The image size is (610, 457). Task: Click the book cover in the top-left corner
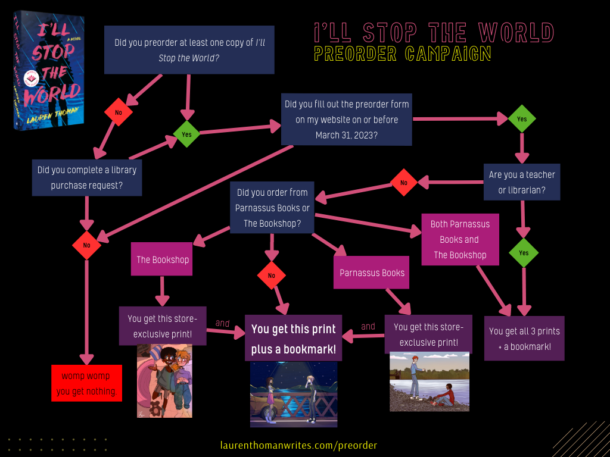(49, 70)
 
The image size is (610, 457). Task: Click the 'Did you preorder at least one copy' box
(189, 50)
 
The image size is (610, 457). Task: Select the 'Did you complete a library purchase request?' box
(86, 178)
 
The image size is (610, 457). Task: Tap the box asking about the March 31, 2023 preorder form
(347, 120)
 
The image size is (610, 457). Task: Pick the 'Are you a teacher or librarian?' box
(522, 183)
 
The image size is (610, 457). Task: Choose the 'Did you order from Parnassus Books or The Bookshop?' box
(272, 208)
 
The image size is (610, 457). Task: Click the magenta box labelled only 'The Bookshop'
(162, 259)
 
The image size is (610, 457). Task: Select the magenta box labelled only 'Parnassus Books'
(372, 273)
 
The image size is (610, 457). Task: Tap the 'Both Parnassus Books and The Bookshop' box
(460, 239)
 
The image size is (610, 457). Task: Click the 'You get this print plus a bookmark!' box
(294, 339)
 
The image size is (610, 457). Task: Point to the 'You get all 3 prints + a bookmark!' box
(524, 339)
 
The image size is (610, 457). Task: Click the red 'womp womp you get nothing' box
(86, 383)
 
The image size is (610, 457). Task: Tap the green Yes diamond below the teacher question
(524, 253)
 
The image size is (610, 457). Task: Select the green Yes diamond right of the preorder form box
(522, 119)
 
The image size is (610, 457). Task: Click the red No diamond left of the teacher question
(404, 183)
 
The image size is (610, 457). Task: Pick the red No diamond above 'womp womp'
(87, 245)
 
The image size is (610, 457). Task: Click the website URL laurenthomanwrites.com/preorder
(298, 445)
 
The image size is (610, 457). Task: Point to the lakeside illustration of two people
(430, 381)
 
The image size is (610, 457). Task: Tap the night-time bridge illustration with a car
(294, 394)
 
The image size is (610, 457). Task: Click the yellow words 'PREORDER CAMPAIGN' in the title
(403, 54)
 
